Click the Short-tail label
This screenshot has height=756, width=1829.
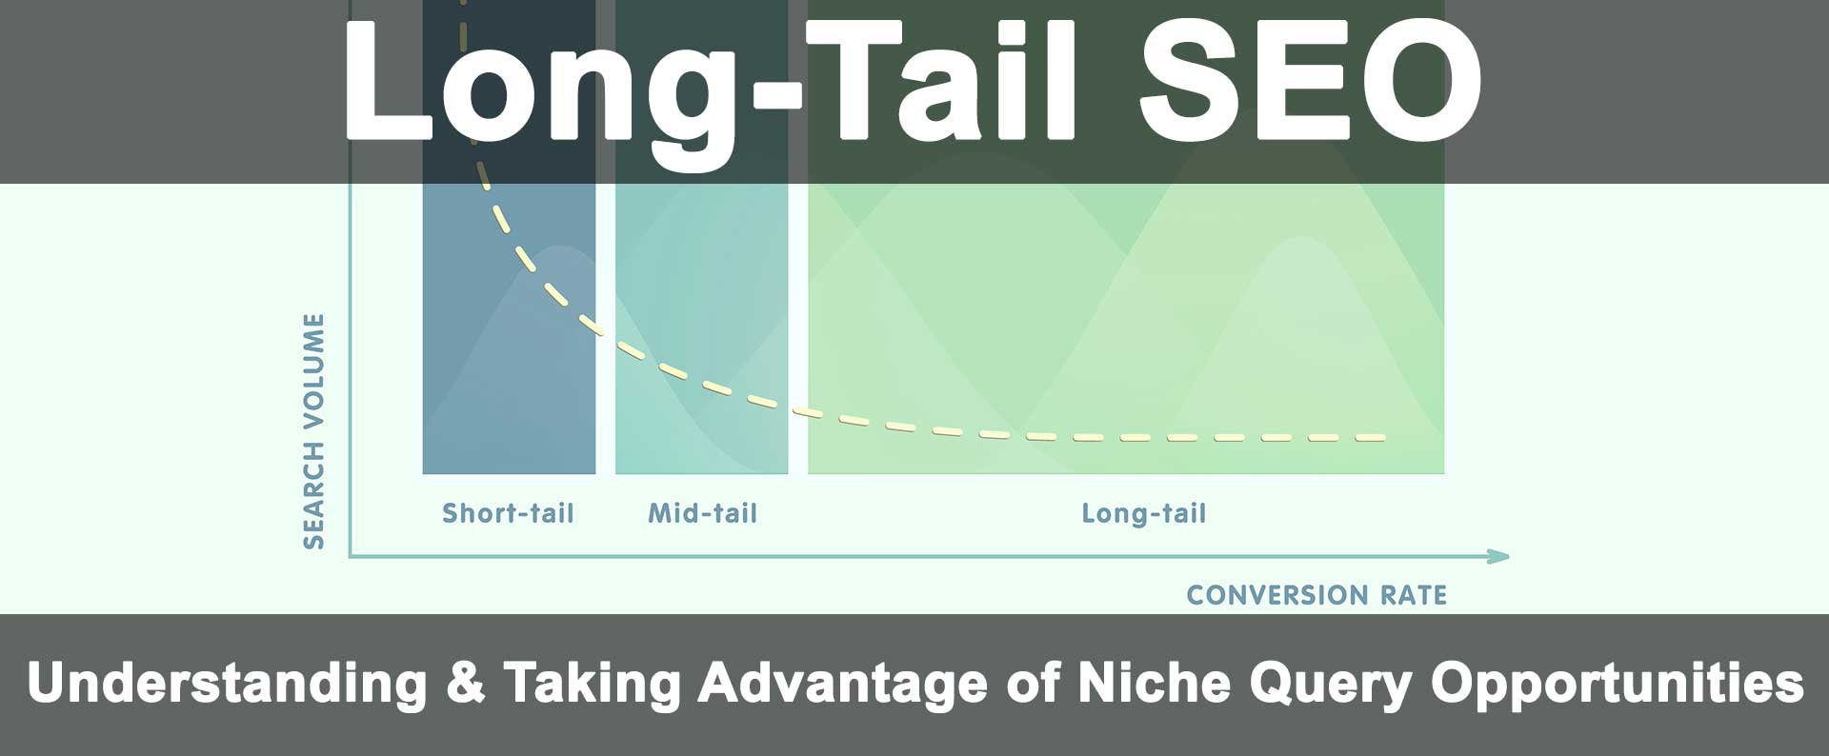[508, 514]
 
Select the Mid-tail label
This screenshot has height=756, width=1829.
[702, 514]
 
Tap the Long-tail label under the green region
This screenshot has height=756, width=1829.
[1143, 514]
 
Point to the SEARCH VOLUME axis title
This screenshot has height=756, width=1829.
[314, 431]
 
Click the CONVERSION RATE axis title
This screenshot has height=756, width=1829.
[1316, 595]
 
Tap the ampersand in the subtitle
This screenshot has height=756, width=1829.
[465, 684]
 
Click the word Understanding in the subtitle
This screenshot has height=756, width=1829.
[227, 684]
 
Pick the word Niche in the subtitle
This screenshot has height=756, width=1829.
[1154, 684]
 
